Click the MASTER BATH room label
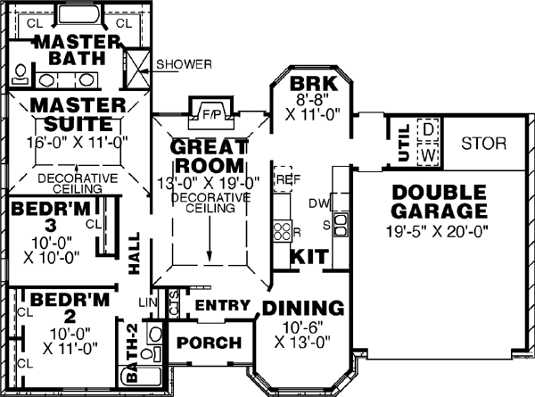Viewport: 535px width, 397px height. click(x=77, y=50)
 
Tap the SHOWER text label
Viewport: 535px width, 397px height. click(x=184, y=64)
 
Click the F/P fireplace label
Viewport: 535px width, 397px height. click(x=210, y=114)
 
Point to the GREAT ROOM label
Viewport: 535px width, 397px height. click(x=208, y=155)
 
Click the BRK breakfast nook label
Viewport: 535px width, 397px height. click(x=312, y=86)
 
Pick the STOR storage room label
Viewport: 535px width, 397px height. click(x=484, y=144)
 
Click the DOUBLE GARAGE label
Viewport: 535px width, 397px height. click(x=439, y=203)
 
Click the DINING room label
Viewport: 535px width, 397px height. click(x=303, y=309)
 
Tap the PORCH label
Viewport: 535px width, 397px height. click(x=209, y=343)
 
